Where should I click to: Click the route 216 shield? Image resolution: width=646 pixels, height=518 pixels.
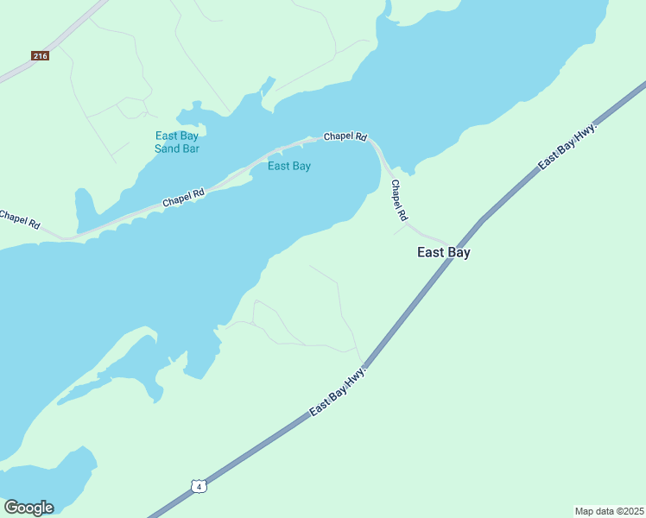pos(40,56)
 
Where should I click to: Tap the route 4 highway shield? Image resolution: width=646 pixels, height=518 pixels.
pos(199,486)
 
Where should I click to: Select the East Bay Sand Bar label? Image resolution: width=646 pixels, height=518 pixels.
pos(177,142)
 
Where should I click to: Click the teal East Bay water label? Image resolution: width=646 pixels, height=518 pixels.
pos(288,166)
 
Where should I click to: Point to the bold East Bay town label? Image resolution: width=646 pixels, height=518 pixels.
pos(443,253)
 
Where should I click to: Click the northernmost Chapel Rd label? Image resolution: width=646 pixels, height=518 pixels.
pos(345,136)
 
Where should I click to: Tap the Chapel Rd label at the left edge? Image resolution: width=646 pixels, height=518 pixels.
pos(19,219)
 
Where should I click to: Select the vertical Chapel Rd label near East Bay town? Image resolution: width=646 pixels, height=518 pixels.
pos(398,199)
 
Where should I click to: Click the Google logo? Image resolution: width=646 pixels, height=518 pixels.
pos(28,508)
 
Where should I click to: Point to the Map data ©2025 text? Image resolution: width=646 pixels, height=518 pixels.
pos(608,511)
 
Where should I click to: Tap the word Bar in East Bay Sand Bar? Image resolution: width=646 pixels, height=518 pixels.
pos(190,148)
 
